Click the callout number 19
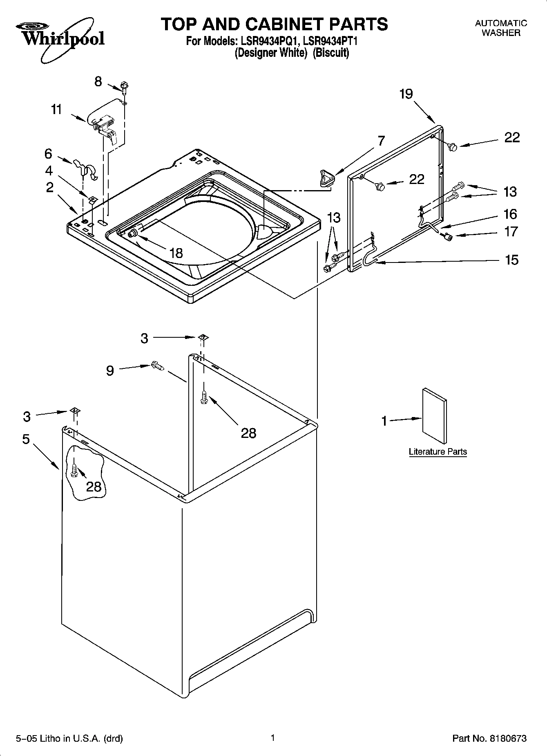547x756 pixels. [406, 94]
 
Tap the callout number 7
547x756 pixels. [381, 141]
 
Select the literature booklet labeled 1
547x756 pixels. [434, 415]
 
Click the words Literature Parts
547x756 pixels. [438, 452]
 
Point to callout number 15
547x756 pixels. [511, 260]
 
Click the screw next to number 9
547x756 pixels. [158, 366]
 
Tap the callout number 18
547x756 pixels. [176, 253]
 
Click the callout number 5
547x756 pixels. [26, 439]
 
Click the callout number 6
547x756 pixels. [48, 154]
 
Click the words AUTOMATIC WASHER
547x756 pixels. [501, 28]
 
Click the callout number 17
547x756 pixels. [511, 232]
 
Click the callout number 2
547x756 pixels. [49, 188]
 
